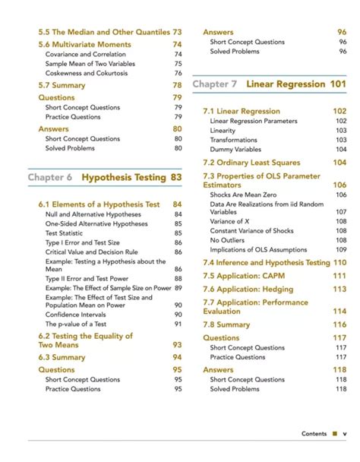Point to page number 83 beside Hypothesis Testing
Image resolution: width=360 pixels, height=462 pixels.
[x=177, y=177]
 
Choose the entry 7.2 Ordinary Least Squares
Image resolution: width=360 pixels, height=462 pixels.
[x=251, y=163]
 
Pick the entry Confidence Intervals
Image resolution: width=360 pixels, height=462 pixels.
[x=78, y=314]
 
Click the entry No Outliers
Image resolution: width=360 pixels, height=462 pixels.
[x=227, y=240]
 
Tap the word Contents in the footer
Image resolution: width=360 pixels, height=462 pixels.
[x=314, y=434]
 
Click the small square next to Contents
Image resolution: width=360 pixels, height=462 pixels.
[x=333, y=434]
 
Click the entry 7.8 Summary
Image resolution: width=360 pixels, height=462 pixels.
[x=226, y=324]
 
